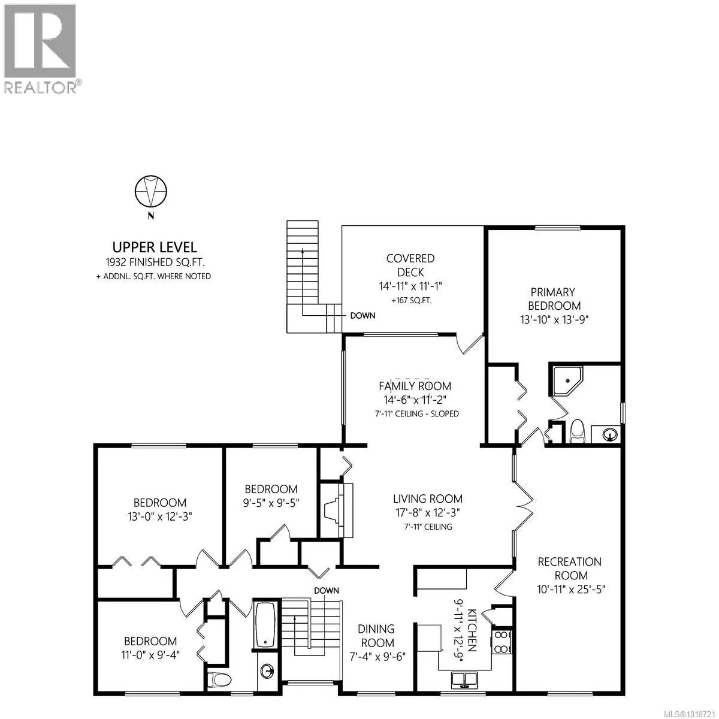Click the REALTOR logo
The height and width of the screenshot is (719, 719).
(x=40, y=48)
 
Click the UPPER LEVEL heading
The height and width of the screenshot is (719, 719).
(x=155, y=247)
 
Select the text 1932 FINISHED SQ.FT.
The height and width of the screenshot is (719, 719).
(x=155, y=262)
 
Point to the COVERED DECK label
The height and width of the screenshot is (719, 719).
(x=410, y=265)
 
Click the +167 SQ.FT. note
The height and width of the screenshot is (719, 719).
(x=410, y=300)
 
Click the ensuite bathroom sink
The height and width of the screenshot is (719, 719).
(x=609, y=434)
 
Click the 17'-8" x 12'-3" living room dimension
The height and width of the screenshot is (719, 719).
(x=428, y=513)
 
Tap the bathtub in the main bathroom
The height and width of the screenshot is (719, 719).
(x=265, y=625)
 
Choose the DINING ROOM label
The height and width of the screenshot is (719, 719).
(x=377, y=635)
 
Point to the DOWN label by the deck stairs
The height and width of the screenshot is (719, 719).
(x=362, y=315)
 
